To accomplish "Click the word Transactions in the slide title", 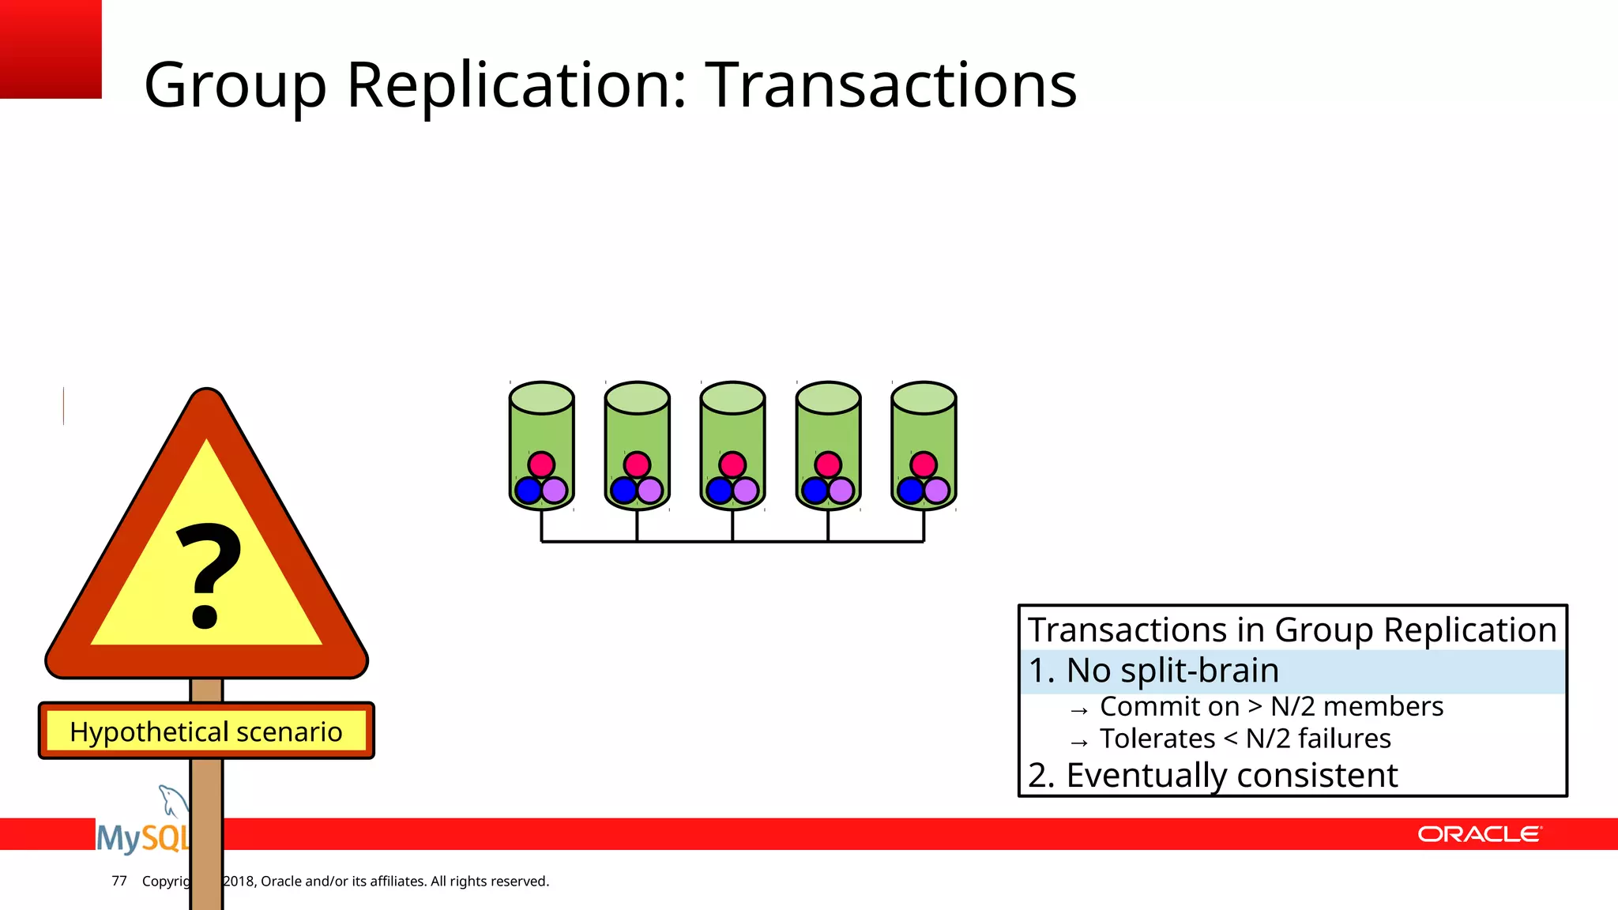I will pos(890,85).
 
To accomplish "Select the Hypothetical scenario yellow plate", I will pos(206,731).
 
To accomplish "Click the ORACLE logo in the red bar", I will pos(1479,834).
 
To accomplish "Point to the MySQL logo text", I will pos(142,837).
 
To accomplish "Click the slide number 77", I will pos(119,881).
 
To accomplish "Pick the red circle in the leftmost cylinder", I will pos(541,464).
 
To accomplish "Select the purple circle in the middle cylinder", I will pos(746,491).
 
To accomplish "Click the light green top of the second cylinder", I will pos(637,397).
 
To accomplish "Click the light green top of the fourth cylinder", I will pos(828,397).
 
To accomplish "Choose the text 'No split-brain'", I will pos(1172,671).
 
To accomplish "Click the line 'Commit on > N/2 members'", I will pos(1270,706).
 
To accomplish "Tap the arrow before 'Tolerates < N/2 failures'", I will pos(1079,743).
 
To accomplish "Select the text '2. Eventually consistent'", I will pos(1213,775).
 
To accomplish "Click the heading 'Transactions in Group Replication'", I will pos(1292,630).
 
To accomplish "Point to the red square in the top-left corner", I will pos(51,48).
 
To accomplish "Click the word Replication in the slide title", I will pos(517,85).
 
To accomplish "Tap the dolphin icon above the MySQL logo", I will pos(172,799).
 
